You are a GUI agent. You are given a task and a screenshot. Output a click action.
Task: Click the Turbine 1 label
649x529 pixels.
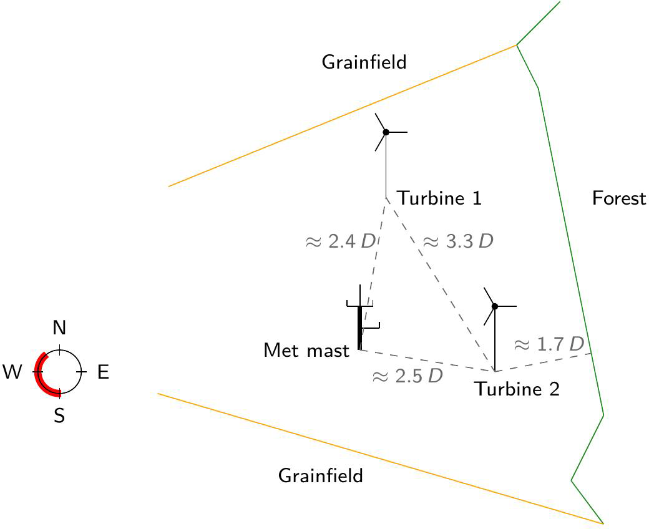(440, 199)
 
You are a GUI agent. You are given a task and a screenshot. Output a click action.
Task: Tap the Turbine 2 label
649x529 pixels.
(517, 389)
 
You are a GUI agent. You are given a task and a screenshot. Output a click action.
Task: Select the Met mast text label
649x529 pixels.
(306, 351)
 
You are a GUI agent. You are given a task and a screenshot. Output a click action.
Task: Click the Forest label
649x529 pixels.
(618, 199)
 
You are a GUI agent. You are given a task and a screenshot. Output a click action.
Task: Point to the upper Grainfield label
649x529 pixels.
(364, 62)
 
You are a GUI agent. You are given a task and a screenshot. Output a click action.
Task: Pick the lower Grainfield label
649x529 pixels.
(320, 477)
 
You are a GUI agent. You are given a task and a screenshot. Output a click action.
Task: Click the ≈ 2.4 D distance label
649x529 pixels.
(340, 242)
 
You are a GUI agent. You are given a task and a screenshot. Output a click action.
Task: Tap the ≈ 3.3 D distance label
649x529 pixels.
(458, 242)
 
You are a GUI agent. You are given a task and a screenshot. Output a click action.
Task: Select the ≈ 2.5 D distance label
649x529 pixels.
(407, 377)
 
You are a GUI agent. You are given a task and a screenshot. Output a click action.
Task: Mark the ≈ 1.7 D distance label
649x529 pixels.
(548, 344)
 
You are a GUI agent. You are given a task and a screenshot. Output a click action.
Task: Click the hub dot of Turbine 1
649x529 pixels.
(386, 132)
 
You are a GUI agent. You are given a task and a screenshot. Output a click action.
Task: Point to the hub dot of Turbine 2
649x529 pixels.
(495, 306)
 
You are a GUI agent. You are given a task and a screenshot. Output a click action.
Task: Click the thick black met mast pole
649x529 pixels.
(359, 328)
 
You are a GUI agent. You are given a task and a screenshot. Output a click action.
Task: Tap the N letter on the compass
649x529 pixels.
(59, 328)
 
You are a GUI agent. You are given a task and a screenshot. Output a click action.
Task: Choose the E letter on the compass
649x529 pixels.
(103, 373)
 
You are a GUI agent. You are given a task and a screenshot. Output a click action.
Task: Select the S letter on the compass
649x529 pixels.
(59, 416)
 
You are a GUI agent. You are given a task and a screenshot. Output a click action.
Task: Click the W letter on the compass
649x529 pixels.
(12, 373)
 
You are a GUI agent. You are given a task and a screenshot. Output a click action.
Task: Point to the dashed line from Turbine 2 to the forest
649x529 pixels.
(543, 362)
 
